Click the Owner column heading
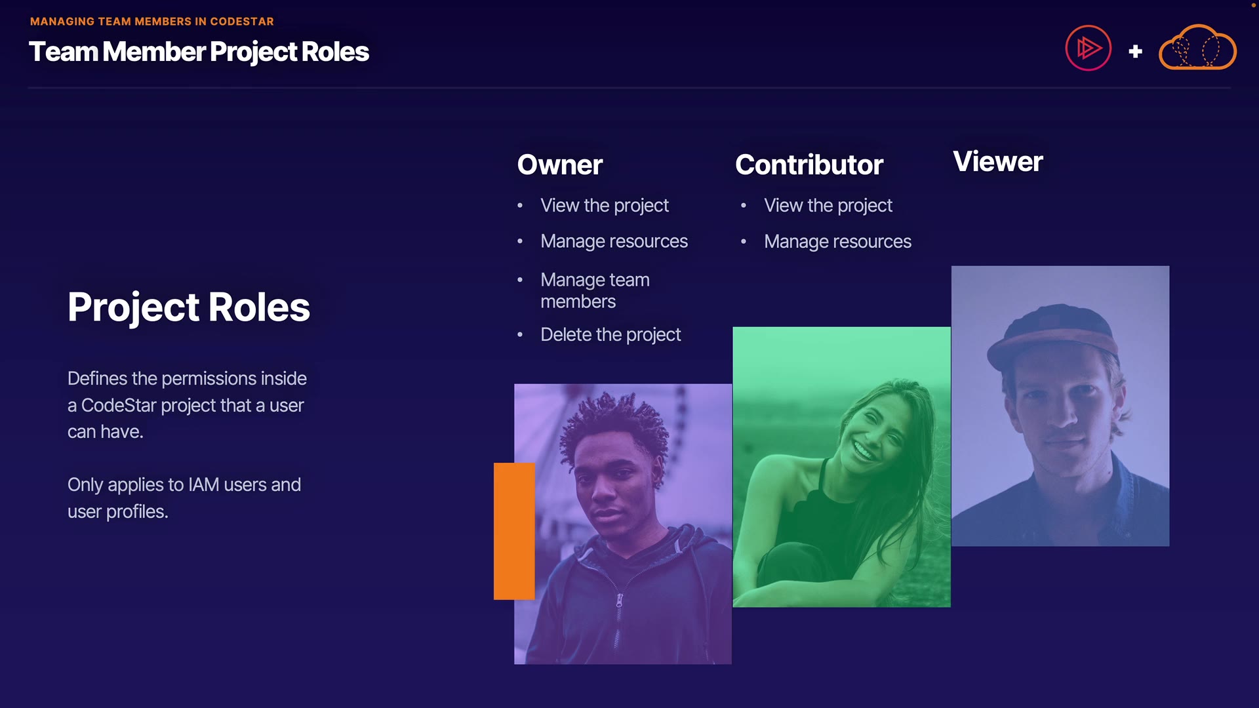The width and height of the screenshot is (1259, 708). tap(559, 165)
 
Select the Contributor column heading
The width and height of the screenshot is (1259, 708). tap(809, 165)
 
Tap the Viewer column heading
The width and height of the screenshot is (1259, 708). tap(997, 161)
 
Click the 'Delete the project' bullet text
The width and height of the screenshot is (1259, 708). tap(610, 335)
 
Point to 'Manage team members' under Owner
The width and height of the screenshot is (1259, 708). tap(595, 290)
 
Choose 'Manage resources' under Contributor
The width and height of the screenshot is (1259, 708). tap(837, 242)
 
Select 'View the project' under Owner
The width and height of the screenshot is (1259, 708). tap(605, 206)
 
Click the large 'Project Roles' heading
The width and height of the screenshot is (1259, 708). tap(189, 307)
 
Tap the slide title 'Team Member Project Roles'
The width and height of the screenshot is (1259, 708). tap(199, 52)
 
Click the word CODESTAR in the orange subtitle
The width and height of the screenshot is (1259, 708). tap(242, 22)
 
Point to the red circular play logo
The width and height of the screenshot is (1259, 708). tap(1088, 48)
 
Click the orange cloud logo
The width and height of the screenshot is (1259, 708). tap(1197, 47)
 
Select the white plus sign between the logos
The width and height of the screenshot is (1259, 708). tap(1136, 51)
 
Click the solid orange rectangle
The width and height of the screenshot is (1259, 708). tap(514, 531)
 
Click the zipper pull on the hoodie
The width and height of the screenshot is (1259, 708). tap(619, 600)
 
